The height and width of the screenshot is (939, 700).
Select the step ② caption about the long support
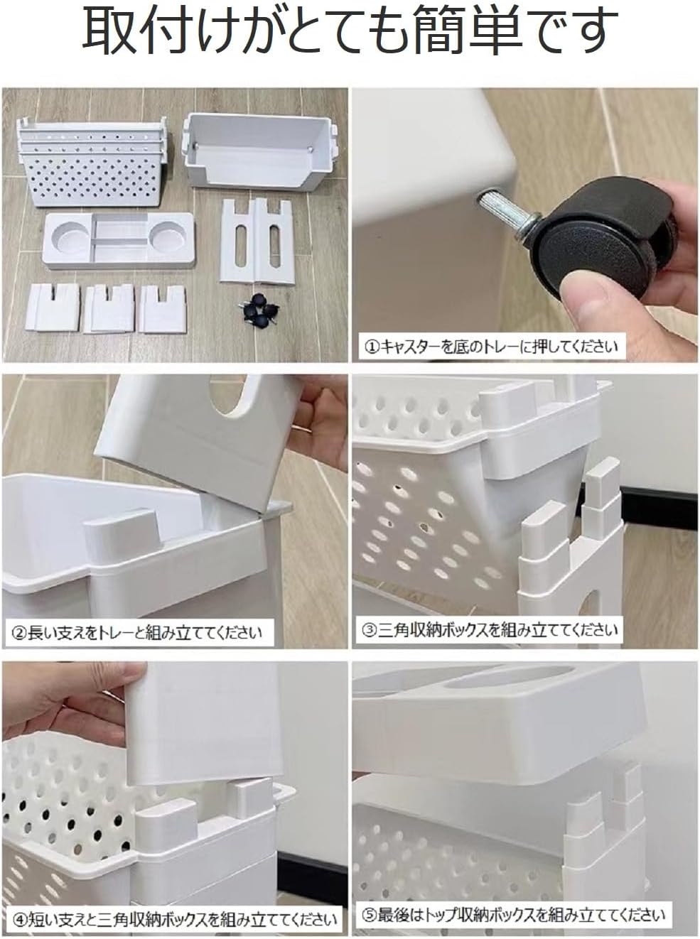click(136, 632)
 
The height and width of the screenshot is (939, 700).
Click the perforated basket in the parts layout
click(91, 161)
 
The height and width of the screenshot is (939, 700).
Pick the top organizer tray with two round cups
click(119, 239)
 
